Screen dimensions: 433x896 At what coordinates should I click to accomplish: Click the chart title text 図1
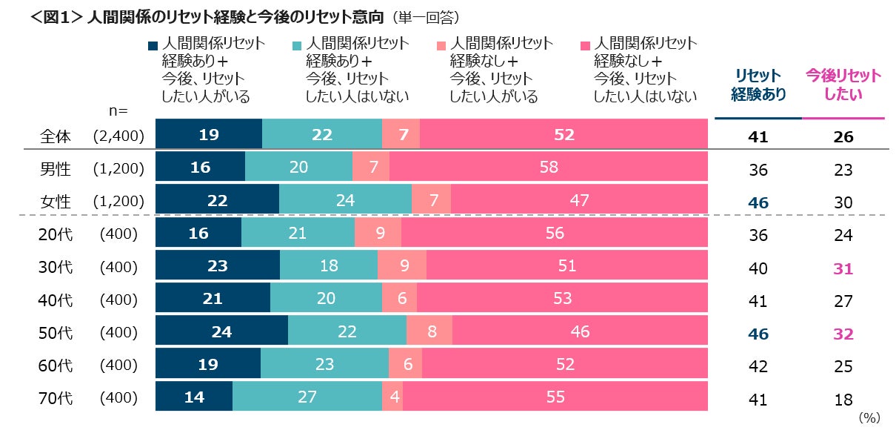56,16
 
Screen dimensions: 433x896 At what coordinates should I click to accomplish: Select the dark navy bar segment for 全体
208,135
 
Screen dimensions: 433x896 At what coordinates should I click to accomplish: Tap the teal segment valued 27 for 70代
307,397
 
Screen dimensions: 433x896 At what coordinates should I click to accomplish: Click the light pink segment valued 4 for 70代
392,397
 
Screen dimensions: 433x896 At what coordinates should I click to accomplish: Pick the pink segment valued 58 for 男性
549,168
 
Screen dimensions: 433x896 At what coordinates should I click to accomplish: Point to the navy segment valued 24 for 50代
221,331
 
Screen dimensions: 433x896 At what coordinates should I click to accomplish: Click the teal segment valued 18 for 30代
329,266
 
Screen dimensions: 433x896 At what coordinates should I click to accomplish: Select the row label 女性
55,201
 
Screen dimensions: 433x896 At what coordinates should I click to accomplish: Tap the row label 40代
55,300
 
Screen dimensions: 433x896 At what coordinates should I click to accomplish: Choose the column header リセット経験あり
758,85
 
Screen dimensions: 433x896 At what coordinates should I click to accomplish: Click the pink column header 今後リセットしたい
843,85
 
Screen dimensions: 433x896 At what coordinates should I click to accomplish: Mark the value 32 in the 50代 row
843,334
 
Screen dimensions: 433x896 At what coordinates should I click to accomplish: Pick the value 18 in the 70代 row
843,399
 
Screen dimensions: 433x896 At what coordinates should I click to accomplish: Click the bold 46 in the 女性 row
758,202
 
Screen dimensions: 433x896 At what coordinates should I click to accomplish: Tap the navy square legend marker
153,44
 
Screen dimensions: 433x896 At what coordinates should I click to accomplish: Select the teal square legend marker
297,44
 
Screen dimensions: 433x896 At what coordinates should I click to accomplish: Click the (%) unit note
869,418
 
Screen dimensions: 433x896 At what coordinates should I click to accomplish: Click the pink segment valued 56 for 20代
554,234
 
